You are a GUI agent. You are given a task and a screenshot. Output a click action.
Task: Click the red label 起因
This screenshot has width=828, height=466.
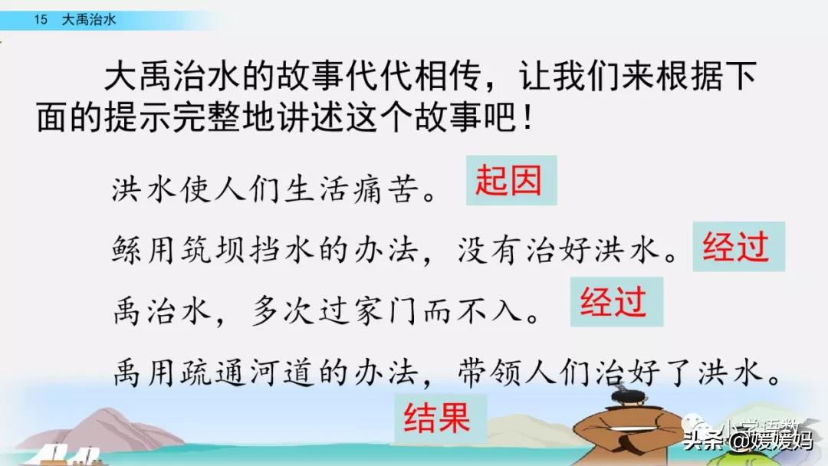(x=511, y=180)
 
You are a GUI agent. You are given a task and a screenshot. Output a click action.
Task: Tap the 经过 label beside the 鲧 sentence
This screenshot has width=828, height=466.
(x=738, y=247)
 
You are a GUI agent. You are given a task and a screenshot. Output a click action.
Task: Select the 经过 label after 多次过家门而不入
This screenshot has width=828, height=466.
(x=616, y=303)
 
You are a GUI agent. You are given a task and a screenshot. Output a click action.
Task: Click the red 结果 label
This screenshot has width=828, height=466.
(x=440, y=418)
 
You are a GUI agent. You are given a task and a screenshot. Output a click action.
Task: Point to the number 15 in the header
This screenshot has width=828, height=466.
(x=41, y=20)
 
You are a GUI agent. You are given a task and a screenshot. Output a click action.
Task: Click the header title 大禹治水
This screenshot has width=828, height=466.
(x=89, y=20)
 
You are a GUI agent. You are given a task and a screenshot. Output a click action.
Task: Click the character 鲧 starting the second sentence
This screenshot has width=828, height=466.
(x=127, y=249)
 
